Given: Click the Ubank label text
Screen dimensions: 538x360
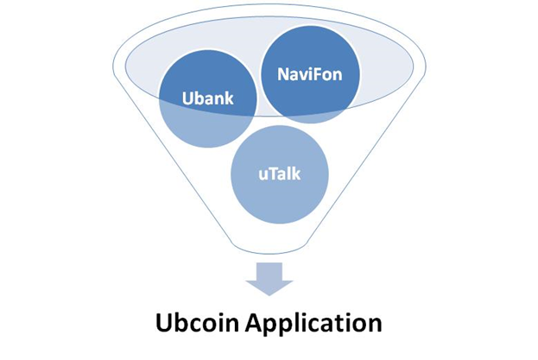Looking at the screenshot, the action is click(207, 98).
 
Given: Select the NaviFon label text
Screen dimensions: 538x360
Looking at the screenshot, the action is click(310, 74).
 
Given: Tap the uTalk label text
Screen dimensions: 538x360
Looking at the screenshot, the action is click(280, 174).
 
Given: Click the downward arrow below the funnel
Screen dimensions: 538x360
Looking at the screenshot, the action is click(269, 279).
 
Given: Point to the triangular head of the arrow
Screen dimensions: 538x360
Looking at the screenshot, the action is click(269, 288).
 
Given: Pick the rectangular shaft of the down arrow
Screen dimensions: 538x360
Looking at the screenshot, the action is click(269, 272).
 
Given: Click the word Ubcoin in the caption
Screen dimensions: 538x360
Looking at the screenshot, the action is click(197, 323).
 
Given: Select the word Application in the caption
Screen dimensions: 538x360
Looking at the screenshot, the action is click(313, 324).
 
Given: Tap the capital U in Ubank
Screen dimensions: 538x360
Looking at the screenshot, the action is click(187, 98).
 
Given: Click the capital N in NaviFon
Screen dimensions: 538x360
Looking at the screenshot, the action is click(283, 74).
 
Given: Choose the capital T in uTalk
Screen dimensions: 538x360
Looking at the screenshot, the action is click(273, 174).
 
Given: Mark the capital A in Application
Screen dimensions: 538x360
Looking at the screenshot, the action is click(255, 323).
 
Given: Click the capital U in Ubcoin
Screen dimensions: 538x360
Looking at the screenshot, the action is click(163, 323).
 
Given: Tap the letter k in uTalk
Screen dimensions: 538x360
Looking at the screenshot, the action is click(296, 174).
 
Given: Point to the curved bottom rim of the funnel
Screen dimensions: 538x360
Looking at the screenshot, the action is click(269, 252).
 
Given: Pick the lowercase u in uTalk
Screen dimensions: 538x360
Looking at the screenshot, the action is click(263, 175).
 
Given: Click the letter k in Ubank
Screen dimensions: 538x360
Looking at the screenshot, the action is click(229, 98).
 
